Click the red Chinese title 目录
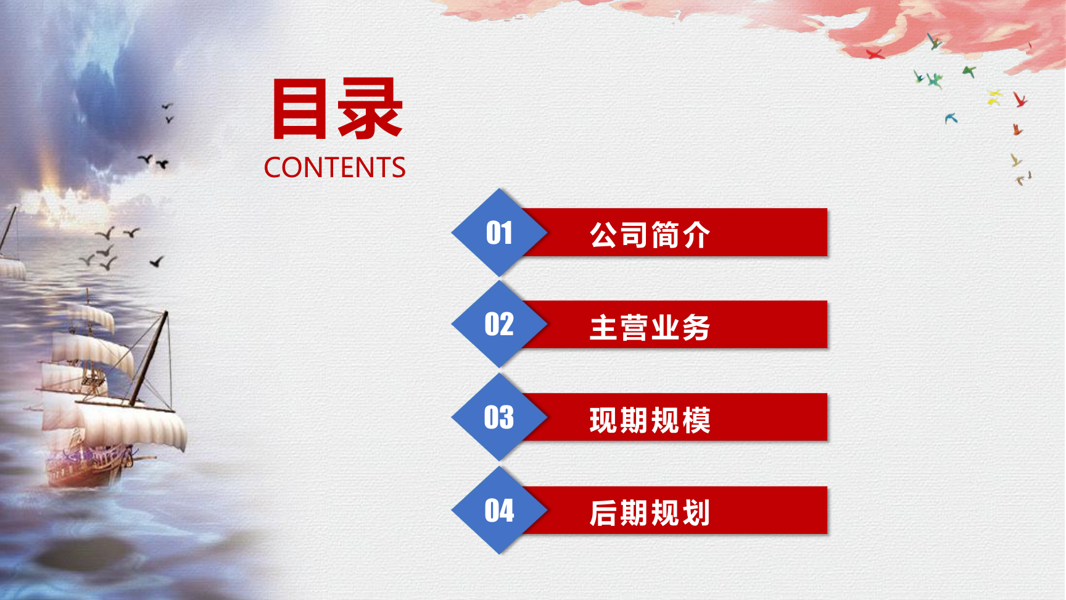[338, 109]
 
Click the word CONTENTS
[335, 167]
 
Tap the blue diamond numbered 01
[499, 233]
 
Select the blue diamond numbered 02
[499, 325]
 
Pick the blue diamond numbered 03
[499, 417]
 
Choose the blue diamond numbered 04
[499, 510]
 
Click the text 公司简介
[650, 235]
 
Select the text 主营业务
[650, 327]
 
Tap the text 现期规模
[650, 420]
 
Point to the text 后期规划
[650, 513]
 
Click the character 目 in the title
[300, 109]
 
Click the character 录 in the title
[371, 109]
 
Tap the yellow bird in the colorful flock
[994, 97]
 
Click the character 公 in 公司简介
[604, 235]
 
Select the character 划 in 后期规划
[696, 513]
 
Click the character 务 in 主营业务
[696, 327]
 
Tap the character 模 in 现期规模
[696, 420]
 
